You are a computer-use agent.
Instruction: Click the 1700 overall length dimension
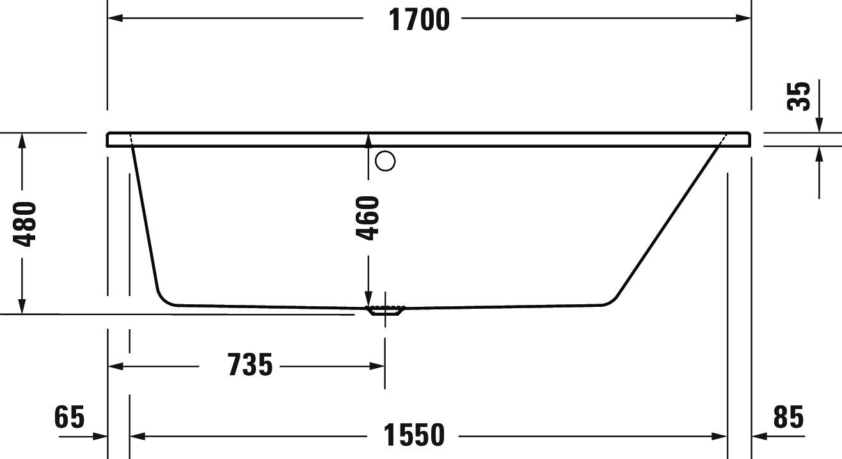click(x=419, y=19)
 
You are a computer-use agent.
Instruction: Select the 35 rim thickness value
click(x=798, y=96)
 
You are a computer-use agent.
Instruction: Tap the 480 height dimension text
click(x=26, y=224)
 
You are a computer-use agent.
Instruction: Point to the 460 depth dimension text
click(x=368, y=218)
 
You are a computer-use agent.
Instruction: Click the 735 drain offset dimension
click(x=250, y=366)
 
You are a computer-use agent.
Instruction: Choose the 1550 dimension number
click(x=414, y=436)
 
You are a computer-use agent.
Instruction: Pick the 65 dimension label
click(x=69, y=417)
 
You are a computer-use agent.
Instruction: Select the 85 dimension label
click(x=788, y=417)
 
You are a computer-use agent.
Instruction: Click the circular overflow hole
click(x=385, y=161)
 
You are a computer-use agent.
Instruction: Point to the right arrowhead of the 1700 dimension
click(x=743, y=18)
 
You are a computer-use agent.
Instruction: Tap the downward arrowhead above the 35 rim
click(x=819, y=125)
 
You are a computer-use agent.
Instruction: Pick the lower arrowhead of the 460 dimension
click(x=368, y=299)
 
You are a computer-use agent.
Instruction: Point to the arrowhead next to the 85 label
click(x=759, y=437)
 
